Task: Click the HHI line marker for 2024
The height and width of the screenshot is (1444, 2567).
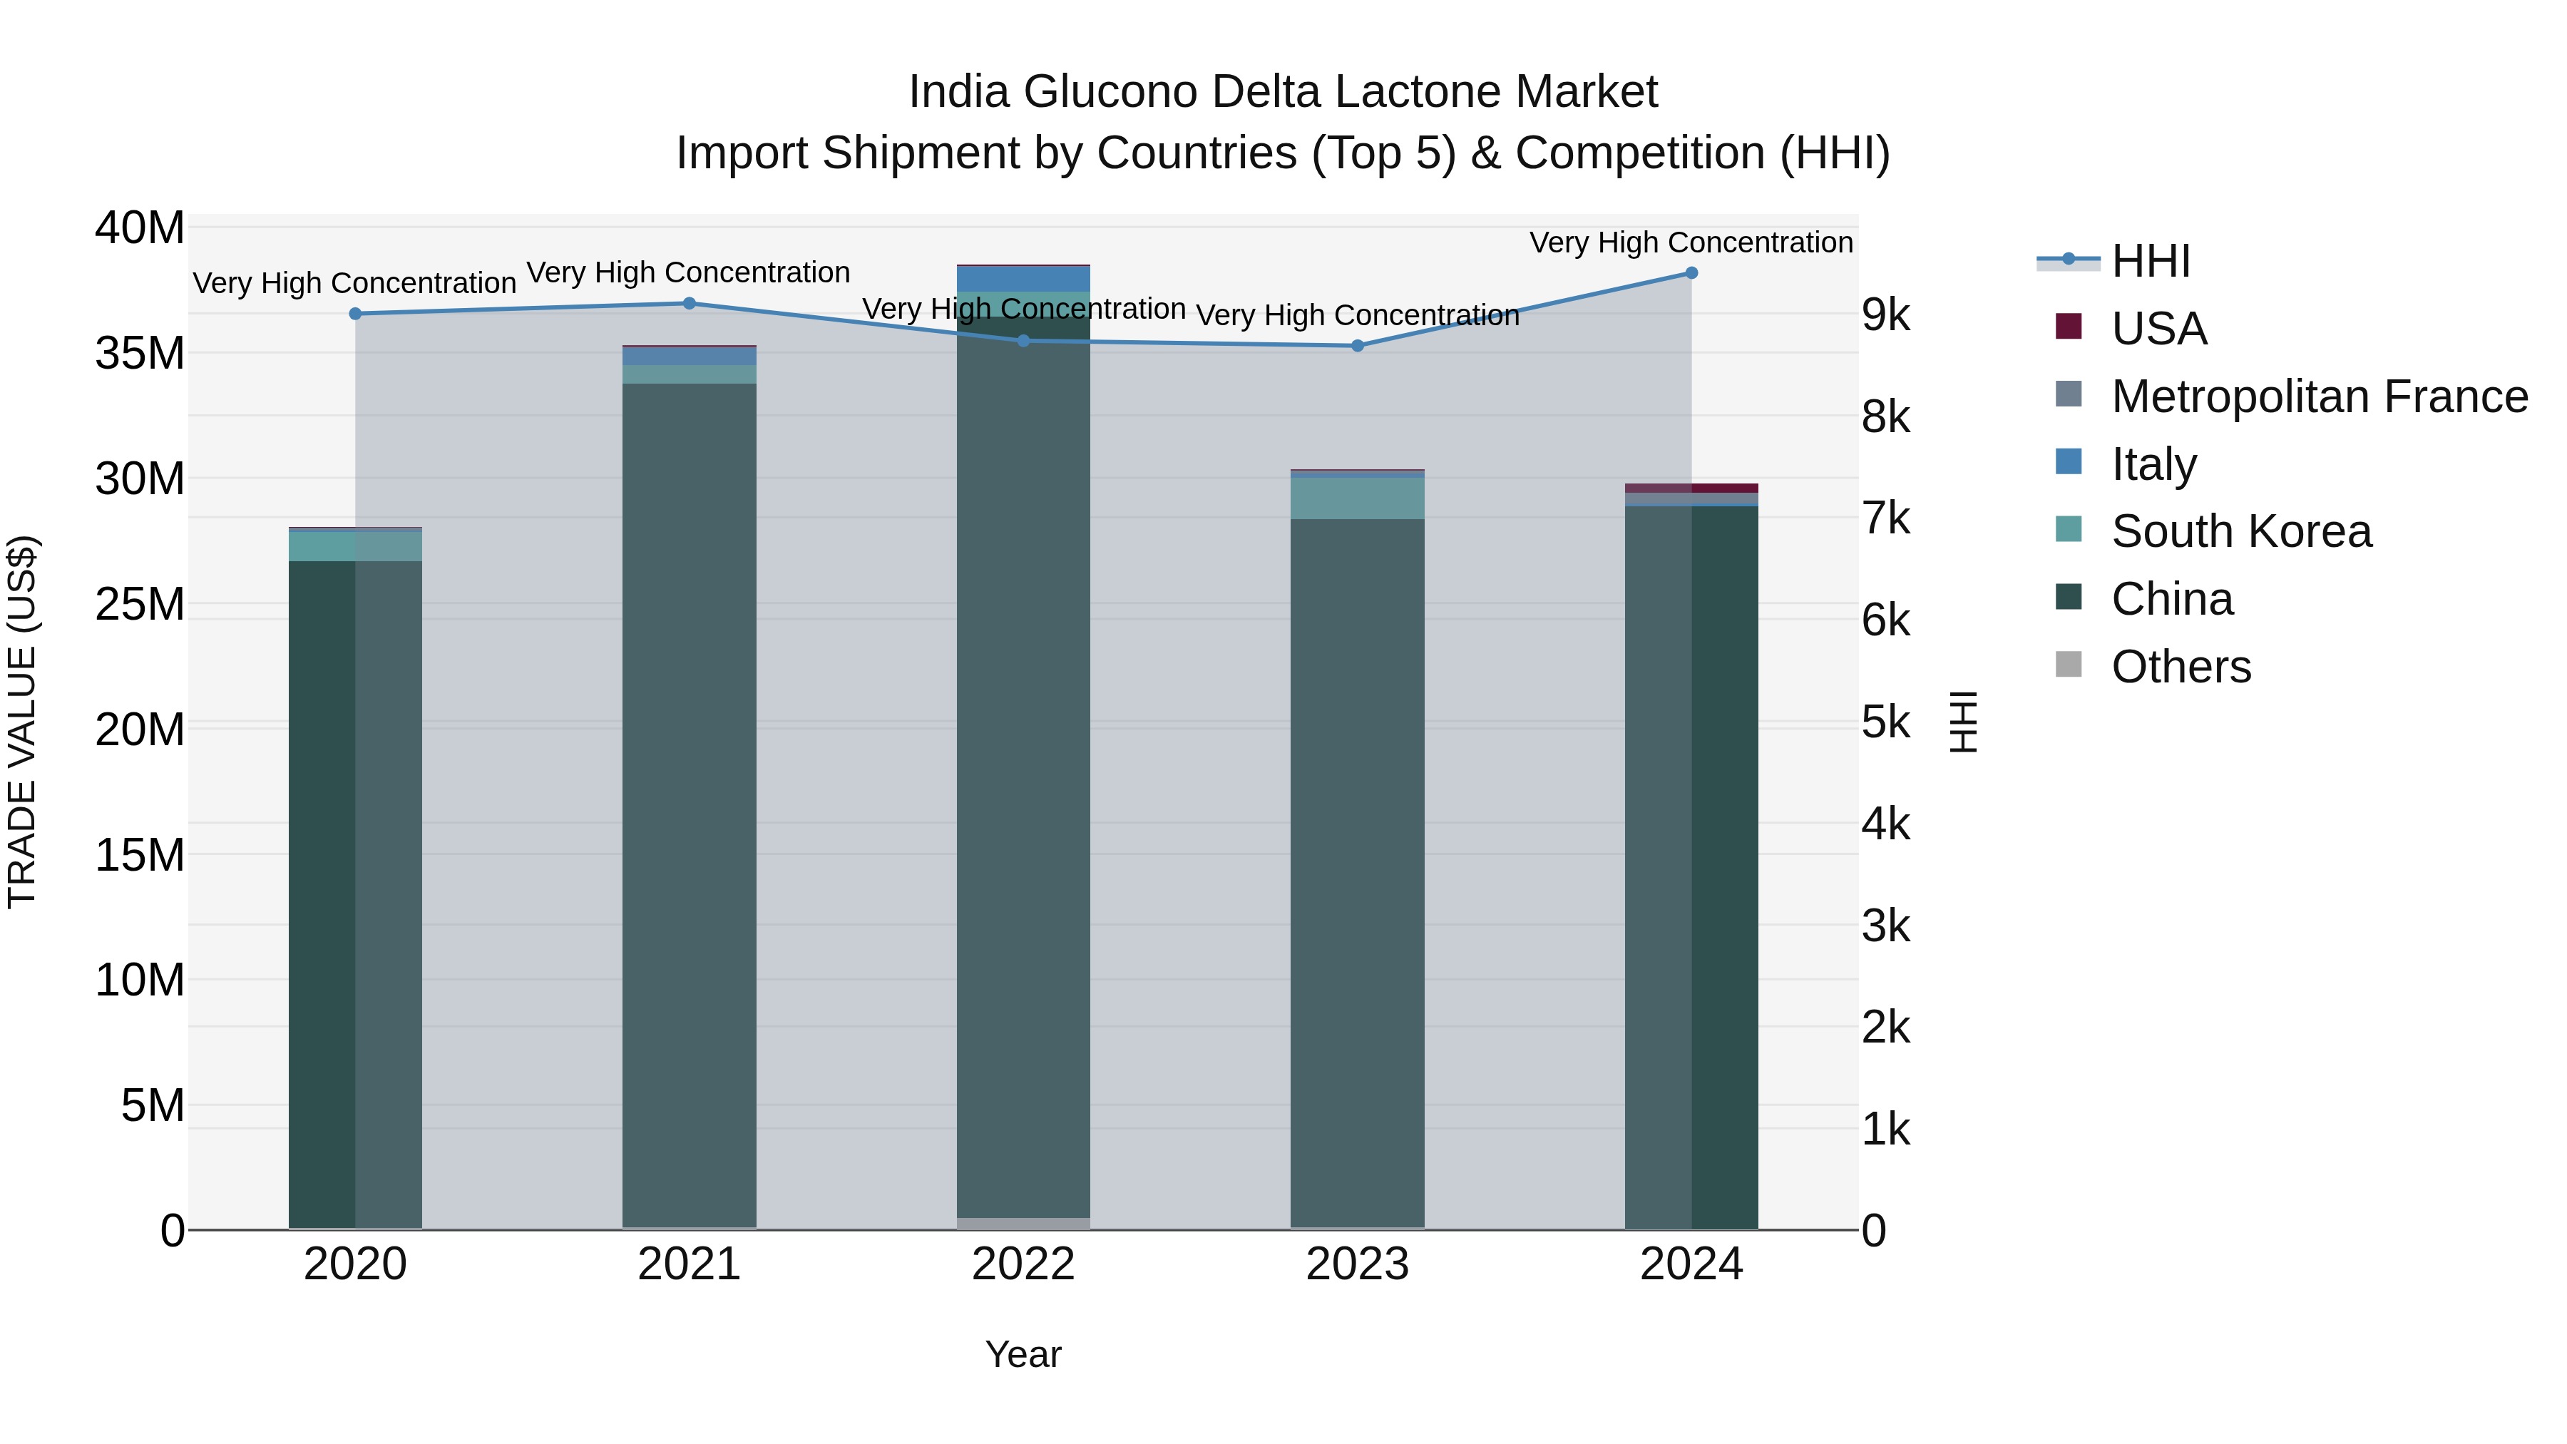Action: click(1691, 273)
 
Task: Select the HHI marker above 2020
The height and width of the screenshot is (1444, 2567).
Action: click(356, 314)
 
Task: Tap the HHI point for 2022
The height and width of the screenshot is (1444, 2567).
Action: click(1023, 341)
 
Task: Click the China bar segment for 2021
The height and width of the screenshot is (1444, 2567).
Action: click(690, 797)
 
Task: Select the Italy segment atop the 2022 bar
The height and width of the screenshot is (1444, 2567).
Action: click(1023, 279)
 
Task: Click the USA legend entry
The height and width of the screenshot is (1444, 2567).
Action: click(2158, 329)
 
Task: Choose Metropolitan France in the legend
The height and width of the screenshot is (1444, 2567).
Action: click(2319, 396)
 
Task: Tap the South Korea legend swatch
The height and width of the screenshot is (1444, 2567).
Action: click(2069, 529)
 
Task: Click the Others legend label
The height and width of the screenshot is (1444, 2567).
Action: click(2181, 667)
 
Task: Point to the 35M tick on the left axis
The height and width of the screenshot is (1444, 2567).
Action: click(140, 354)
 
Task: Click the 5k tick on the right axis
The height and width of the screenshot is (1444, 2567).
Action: click(1885, 722)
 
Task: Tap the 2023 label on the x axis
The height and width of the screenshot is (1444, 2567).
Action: click(1357, 1264)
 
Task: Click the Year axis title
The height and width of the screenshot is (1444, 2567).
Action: click(1023, 1354)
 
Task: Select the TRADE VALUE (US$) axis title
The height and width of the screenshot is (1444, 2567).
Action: click(22, 722)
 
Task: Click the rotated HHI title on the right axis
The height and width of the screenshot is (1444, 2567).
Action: click(1962, 722)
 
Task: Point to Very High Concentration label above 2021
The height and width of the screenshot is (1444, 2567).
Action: click(689, 272)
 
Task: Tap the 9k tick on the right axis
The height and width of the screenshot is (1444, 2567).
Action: click(1885, 315)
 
